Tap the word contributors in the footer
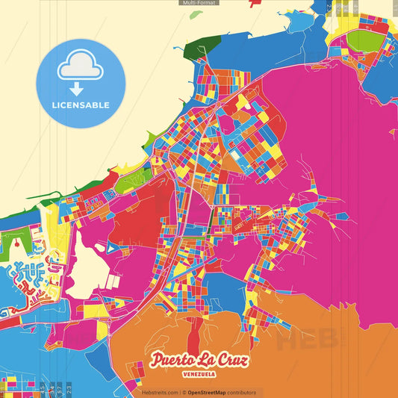240,392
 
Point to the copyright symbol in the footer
184,392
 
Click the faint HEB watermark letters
299,342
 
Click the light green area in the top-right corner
364,38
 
